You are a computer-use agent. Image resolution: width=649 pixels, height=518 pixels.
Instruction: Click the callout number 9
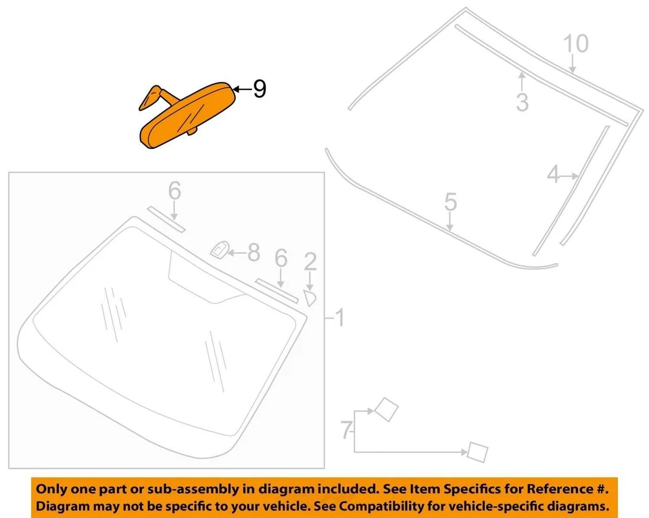[259, 89]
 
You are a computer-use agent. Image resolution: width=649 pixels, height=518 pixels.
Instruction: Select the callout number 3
[522, 102]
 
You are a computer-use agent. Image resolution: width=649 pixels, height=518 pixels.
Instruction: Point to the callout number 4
[554, 175]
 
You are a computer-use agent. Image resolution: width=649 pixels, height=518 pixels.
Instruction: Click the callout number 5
[451, 202]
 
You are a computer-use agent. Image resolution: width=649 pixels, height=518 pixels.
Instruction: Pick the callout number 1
[339, 316]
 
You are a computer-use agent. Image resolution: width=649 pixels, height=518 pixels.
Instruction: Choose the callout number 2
[310, 260]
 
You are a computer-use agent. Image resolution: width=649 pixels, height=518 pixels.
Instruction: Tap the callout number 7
[345, 428]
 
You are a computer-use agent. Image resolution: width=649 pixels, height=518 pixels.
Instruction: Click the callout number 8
[254, 253]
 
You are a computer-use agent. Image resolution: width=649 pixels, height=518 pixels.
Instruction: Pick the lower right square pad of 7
[477, 451]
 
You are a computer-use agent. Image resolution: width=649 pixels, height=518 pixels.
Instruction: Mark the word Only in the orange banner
[51, 488]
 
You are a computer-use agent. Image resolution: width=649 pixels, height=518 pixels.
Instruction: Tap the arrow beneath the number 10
[573, 65]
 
